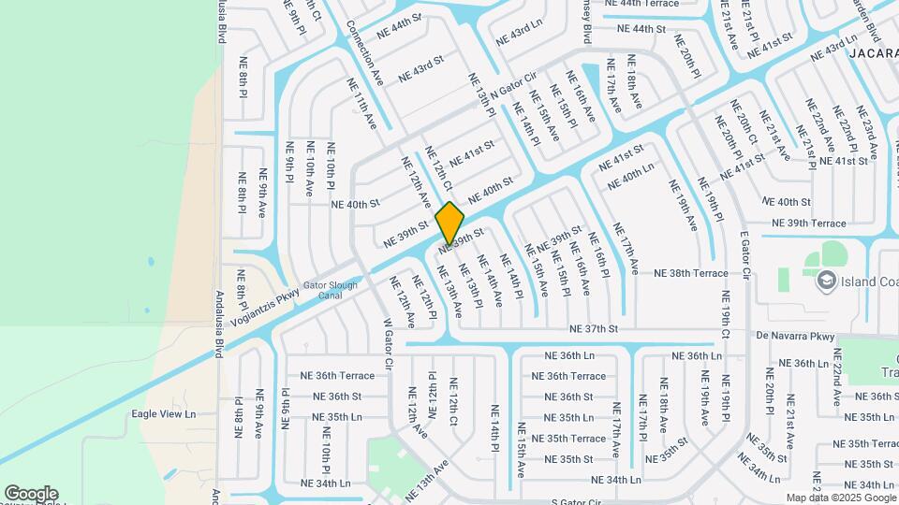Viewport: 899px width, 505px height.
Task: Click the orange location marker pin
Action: pyautogui.click(x=449, y=223)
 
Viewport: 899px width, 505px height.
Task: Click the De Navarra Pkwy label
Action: pyautogui.click(x=795, y=336)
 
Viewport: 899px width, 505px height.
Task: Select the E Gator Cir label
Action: pyautogui.click(x=746, y=255)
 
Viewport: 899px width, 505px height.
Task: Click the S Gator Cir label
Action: pyautogui.click(x=576, y=502)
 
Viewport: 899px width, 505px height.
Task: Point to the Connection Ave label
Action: pyautogui.click(x=365, y=52)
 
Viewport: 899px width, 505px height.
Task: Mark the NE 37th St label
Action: pyautogui.click(x=595, y=329)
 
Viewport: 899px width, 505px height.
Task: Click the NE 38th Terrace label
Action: pyautogui.click(x=691, y=273)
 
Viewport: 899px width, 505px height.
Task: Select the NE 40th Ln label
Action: pyautogui.click(x=630, y=177)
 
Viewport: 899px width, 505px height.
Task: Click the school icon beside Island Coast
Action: pyautogui.click(x=826, y=280)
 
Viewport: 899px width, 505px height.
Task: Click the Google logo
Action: pyautogui.click(x=31, y=494)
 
